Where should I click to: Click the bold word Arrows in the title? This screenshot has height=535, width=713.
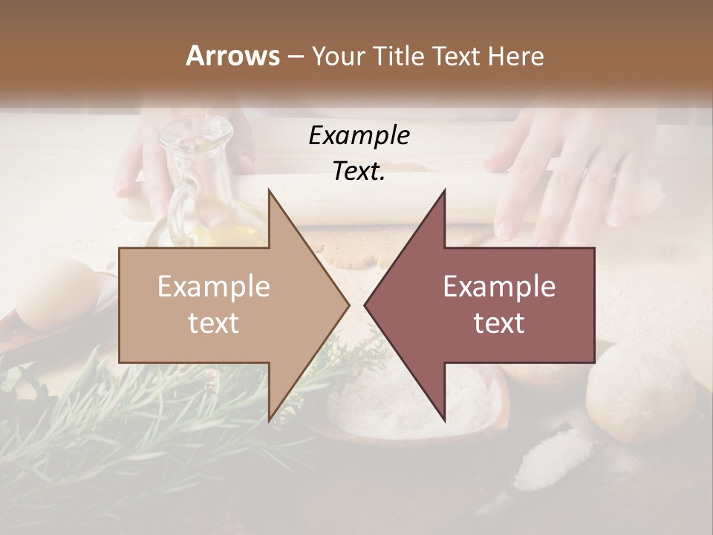click(232, 56)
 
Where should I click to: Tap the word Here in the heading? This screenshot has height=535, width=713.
click(517, 56)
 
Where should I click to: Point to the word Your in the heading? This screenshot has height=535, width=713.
click(339, 56)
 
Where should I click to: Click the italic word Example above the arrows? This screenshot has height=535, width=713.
click(359, 135)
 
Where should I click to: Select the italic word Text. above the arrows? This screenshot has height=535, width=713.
click(359, 172)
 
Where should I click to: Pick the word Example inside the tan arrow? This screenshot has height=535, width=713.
click(213, 287)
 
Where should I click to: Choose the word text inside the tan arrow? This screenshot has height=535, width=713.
click(213, 322)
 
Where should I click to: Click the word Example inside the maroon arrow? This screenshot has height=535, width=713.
click(499, 287)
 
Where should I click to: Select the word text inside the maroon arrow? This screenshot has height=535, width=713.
click(499, 322)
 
